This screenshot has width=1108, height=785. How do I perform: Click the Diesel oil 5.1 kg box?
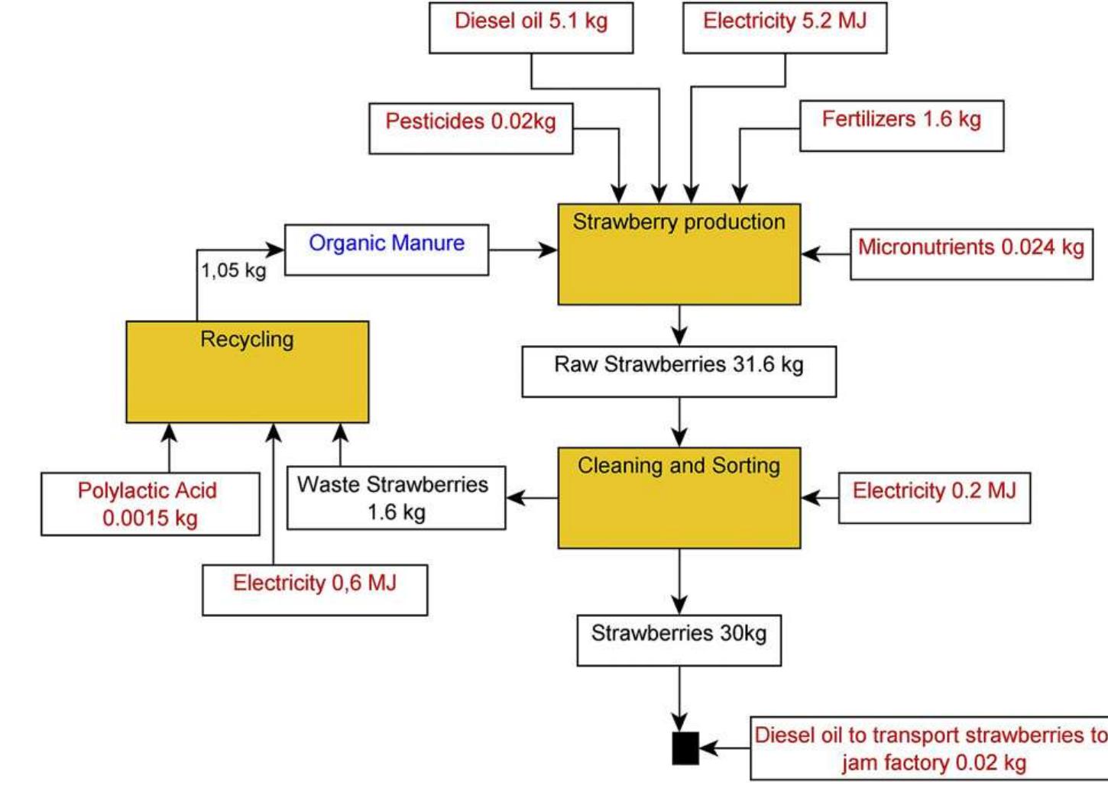531,27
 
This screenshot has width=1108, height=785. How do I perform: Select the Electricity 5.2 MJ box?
785,27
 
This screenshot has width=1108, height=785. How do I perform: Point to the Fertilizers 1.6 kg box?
902,125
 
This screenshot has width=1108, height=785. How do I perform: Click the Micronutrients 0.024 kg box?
971,254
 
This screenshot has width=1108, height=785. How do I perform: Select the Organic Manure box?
387,249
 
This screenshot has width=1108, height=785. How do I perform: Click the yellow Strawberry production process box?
679,254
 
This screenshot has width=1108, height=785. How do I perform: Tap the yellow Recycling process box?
247,372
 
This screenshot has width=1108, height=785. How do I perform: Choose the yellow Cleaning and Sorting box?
679,498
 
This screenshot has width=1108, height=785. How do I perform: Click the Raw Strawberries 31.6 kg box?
679,371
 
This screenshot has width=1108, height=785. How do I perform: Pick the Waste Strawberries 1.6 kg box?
396,498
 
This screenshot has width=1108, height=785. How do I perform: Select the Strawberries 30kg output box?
679,640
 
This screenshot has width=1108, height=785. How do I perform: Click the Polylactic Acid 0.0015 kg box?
150,504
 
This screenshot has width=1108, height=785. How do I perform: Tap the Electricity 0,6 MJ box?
315,590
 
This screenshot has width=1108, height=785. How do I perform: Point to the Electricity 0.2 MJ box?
934,498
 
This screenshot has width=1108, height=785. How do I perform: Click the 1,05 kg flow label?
234,270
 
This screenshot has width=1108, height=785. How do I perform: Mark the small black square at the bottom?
685,748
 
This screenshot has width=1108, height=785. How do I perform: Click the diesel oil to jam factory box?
929,748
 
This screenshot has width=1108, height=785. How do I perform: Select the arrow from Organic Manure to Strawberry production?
523,250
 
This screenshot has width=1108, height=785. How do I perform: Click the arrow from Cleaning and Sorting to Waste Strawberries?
532,498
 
